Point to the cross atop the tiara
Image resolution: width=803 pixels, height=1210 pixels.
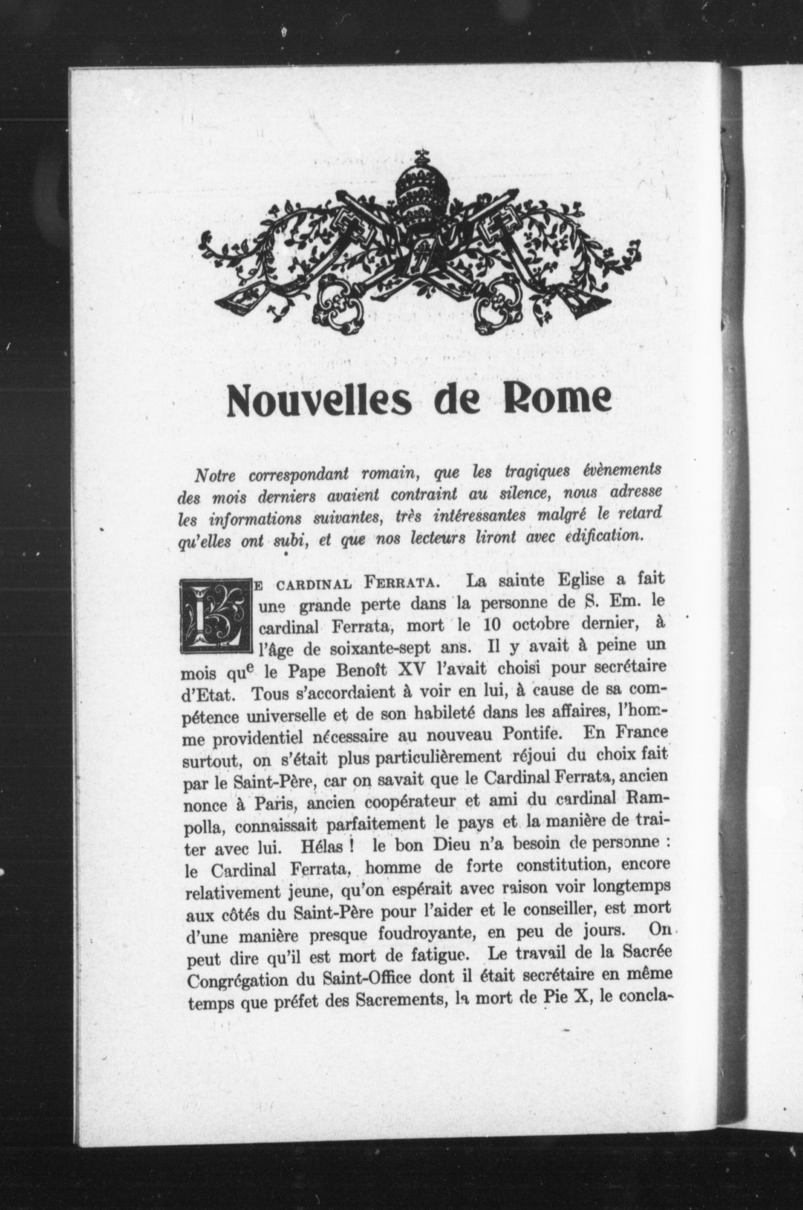click(x=422, y=155)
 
